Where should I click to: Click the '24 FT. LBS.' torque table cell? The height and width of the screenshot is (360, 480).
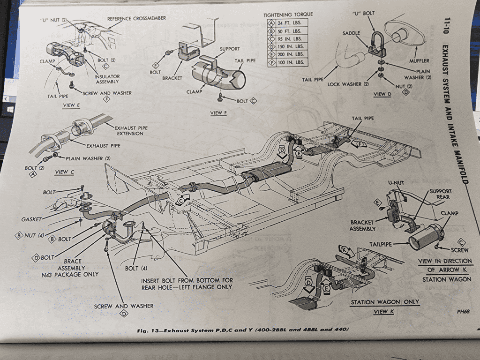pyautogui.click(x=291, y=22)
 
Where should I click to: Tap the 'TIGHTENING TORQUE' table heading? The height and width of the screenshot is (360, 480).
pyautogui.click(x=288, y=14)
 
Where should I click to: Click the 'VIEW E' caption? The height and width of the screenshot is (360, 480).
pyautogui.click(x=71, y=105)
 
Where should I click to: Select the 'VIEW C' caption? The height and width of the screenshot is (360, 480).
pyautogui.click(x=65, y=172)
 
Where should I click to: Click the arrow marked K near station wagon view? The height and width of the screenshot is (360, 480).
pyautogui.click(x=346, y=251)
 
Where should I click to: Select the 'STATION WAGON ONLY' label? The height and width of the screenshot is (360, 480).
pyautogui.click(x=384, y=302)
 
